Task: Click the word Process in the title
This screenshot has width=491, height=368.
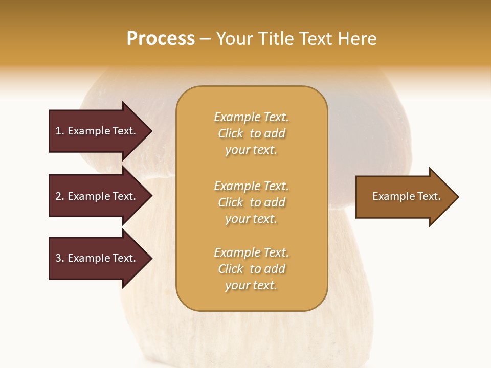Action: point(161,39)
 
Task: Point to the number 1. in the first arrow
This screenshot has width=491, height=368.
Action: point(60,131)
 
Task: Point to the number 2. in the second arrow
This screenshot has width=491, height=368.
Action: point(60,196)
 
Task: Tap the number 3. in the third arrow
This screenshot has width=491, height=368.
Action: point(60,258)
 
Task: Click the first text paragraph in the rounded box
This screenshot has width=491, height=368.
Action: point(251,133)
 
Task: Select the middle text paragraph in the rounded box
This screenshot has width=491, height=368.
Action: point(251,202)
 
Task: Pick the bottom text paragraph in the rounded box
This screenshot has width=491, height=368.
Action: point(251,269)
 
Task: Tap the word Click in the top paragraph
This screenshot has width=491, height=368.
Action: point(231,133)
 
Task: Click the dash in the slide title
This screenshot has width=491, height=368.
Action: point(205,39)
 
